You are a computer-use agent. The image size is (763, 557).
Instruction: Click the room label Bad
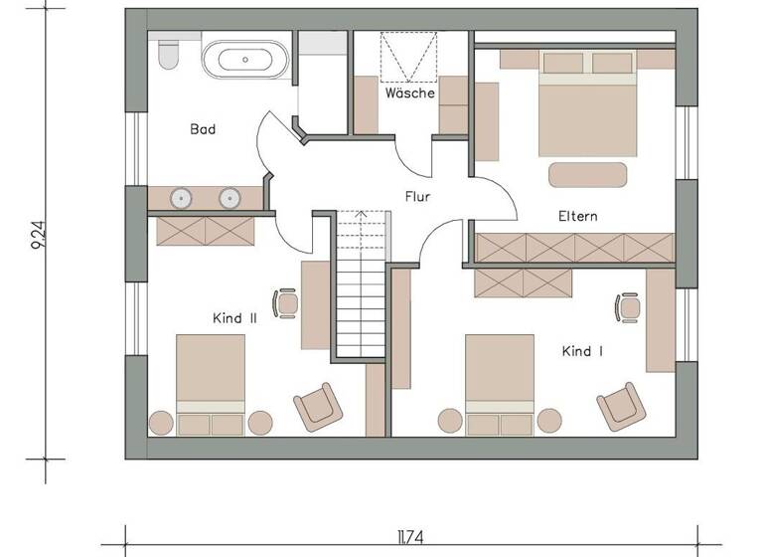tap(203, 129)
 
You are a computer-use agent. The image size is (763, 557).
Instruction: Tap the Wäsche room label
tap(410, 93)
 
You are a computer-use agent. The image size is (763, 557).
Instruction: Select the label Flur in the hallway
tap(417, 197)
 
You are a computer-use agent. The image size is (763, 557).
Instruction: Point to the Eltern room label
tap(577, 216)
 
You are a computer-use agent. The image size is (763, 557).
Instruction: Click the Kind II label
tap(235, 318)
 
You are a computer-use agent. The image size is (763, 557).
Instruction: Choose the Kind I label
tap(582, 351)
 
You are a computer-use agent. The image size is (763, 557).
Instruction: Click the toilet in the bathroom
tap(167, 56)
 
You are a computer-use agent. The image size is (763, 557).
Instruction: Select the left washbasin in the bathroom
tap(182, 197)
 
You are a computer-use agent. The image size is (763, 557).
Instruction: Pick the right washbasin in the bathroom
tap(229, 197)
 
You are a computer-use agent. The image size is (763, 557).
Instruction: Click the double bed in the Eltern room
tap(587, 103)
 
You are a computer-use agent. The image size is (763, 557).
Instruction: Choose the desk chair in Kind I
tap(629, 306)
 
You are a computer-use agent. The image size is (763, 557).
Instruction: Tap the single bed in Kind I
tap(499, 383)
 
